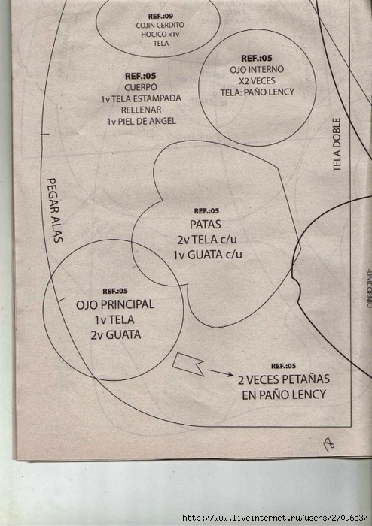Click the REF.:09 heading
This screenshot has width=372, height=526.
click(x=161, y=16)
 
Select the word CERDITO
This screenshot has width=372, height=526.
click(x=171, y=25)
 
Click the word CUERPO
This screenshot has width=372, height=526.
click(x=141, y=87)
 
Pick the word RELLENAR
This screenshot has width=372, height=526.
click(x=141, y=110)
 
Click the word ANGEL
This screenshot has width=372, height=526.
click(x=162, y=121)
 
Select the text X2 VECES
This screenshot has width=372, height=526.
click(x=257, y=81)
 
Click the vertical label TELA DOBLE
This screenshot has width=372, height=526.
click(x=337, y=145)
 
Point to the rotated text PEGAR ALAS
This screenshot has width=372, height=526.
click(x=55, y=210)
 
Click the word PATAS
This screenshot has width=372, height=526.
click(x=206, y=224)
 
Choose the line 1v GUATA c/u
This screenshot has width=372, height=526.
click(x=208, y=255)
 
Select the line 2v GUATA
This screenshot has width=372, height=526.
click(x=116, y=334)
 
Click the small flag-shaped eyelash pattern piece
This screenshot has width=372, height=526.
click(x=188, y=364)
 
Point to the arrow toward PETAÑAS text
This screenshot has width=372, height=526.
click(x=220, y=373)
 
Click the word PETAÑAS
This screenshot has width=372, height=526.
click(x=306, y=379)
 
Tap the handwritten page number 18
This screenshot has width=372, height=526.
click(x=328, y=445)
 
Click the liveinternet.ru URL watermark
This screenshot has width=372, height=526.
click(x=275, y=518)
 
